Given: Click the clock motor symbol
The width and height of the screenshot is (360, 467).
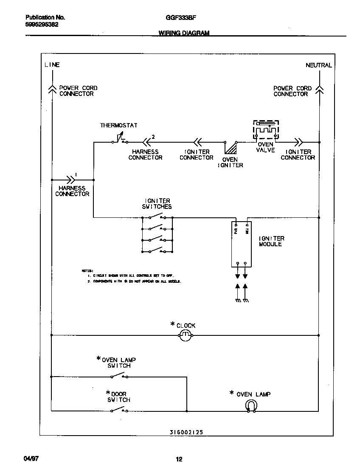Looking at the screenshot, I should [x=185, y=336].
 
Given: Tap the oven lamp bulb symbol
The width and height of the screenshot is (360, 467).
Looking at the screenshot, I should [x=251, y=406].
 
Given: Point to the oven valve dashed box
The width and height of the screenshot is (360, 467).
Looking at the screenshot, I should [x=266, y=129].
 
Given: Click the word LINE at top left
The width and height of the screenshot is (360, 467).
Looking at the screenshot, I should [x=52, y=65].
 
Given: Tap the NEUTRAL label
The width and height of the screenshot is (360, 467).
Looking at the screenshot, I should [x=318, y=65].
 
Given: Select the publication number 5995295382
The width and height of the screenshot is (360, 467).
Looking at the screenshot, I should [x=42, y=25].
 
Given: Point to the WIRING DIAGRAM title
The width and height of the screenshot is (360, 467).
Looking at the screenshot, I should [x=184, y=33].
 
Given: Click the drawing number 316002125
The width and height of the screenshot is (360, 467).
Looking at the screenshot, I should [x=183, y=432].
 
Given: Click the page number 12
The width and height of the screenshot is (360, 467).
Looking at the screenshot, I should [x=179, y=459].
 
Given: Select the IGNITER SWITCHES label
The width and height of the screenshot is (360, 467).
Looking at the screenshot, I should [x=157, y=204].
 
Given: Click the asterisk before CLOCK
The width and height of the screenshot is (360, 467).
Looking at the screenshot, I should [x=172, y=324].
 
